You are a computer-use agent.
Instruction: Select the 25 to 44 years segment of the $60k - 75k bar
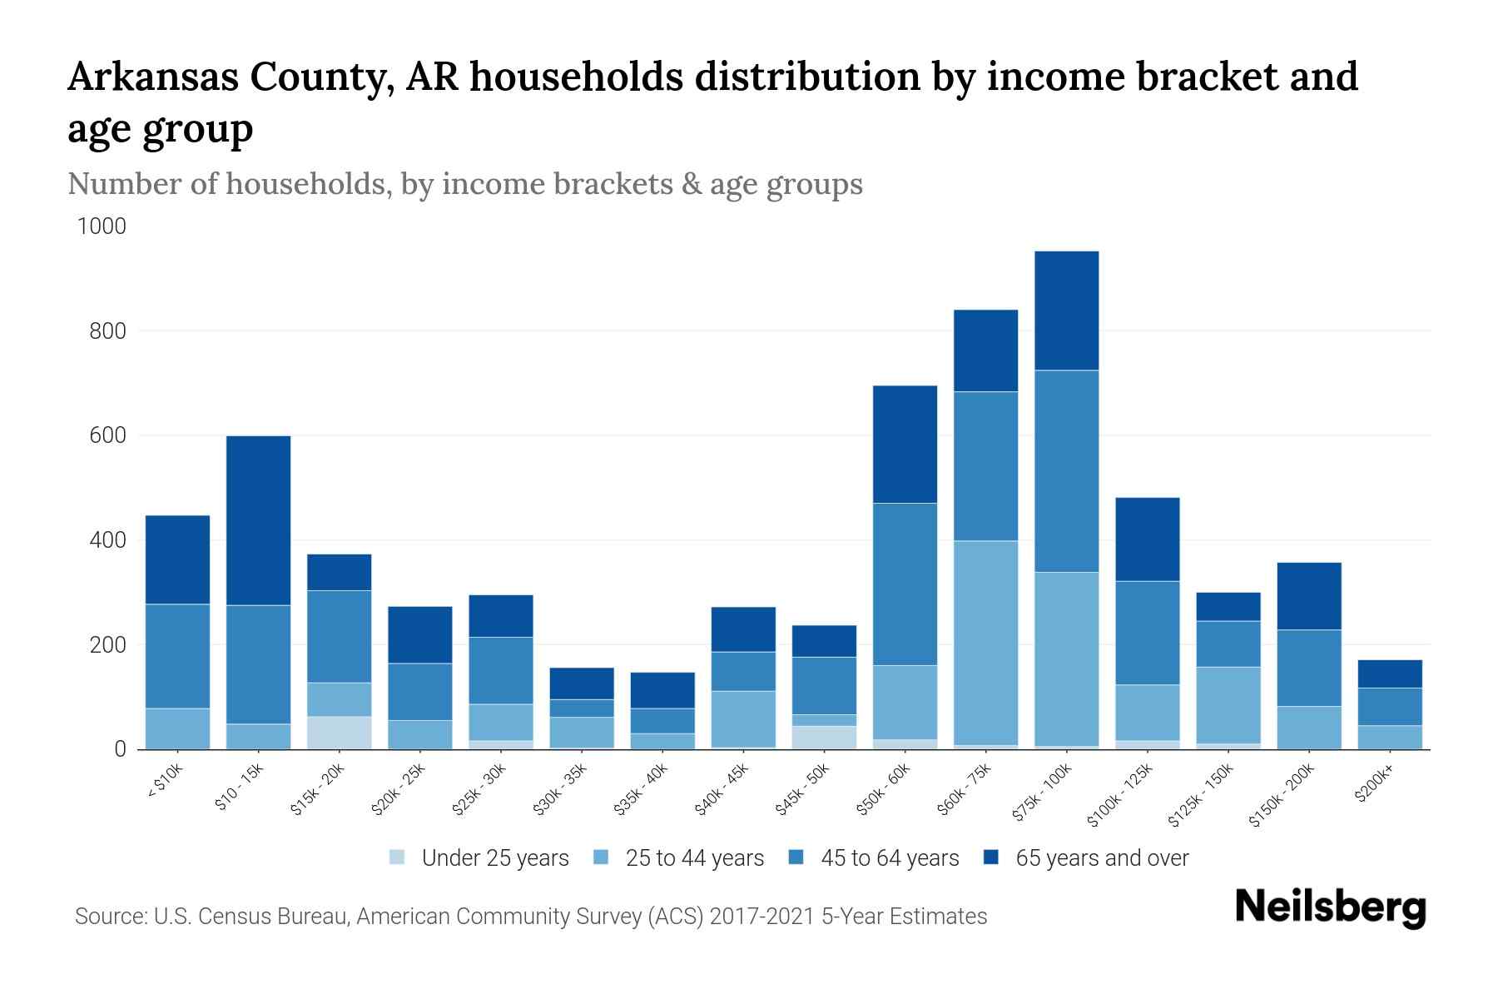pyautogui.click(x=985, y=643)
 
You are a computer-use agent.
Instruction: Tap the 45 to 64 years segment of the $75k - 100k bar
pyautogui.click(x=1066, y=471)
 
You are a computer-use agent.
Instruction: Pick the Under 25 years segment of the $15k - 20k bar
pyautogui.click(x=339, y=733)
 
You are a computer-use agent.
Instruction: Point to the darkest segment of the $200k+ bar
pyautogui.click(x=1389, y=673)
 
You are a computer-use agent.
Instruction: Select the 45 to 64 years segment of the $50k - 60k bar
pyautogui.click(x=905, y=584)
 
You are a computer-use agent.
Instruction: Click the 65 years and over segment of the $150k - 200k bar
pyautogui.click(x=1308, y=596)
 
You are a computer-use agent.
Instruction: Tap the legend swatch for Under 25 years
pyautogui.click(x=397, y=857)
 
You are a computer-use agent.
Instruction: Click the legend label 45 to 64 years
pyautogui.click(x=889, y=858)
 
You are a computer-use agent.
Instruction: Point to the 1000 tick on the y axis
pyautogui.click(x=102, y=226)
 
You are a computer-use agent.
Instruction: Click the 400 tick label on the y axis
pyautogui.click(x=107, y=540)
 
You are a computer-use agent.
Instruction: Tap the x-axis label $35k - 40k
pyautogui.click(x=642, y=789)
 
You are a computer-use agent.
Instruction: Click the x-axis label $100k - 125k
pyautogui.click(x=1120, y=795)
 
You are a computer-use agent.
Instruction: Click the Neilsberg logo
pyautogui.click(x=1330, y=907)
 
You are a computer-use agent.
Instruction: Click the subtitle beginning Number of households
pyautogui.click(x=464, y=184)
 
